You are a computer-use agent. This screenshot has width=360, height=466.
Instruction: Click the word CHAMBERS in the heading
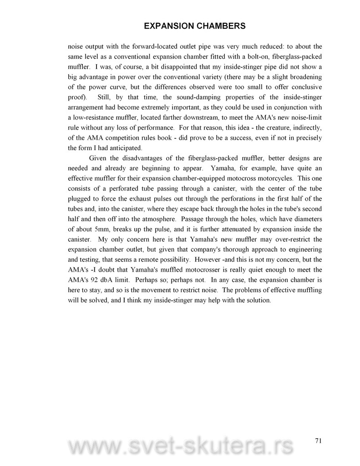pyautogui.click(x=218, y=26)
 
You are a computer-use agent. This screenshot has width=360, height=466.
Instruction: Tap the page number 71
pyautogui.click(x=318, y=440)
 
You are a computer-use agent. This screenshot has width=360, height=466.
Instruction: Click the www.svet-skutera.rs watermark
pyautogui.click(x=180, y=448)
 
